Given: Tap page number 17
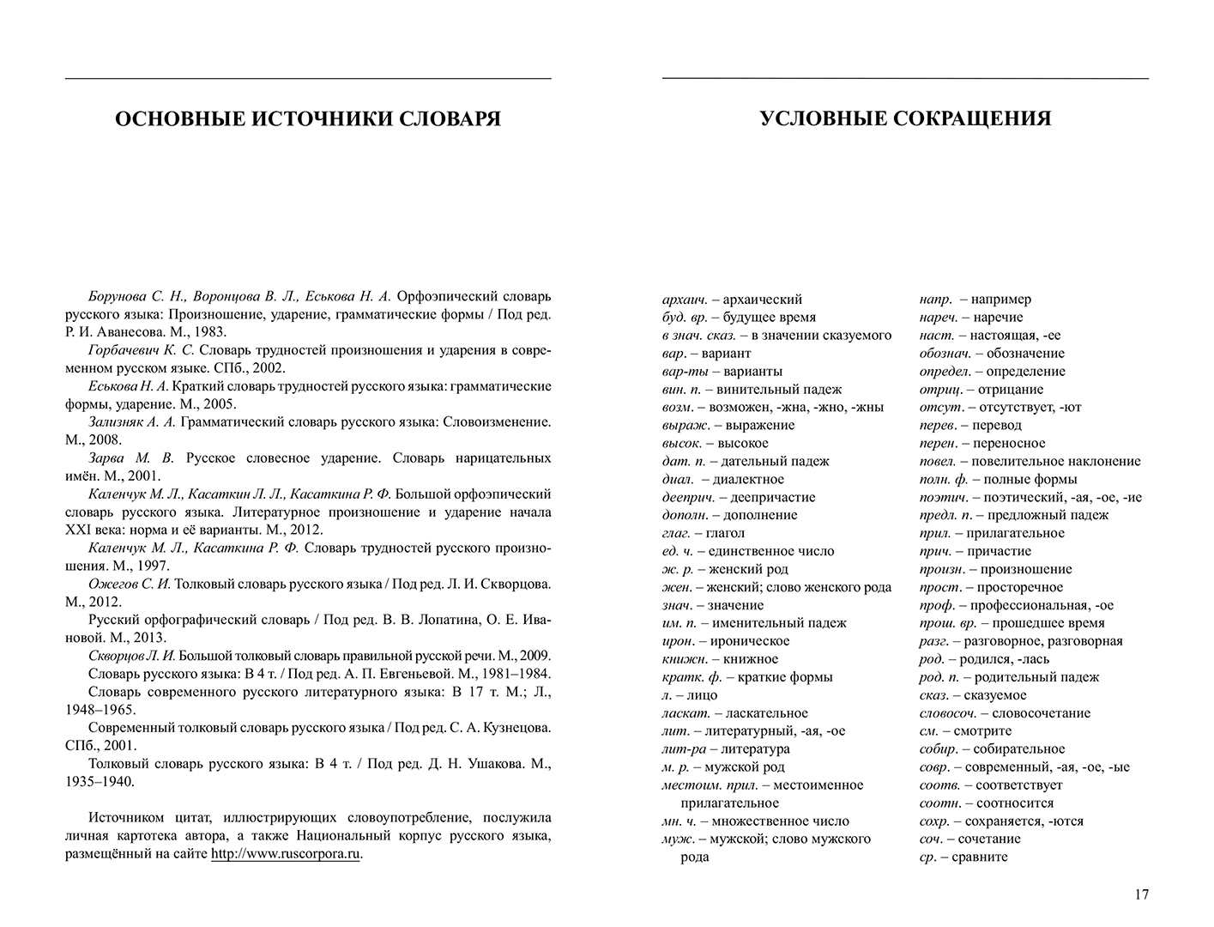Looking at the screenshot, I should click(x=1140, y=894).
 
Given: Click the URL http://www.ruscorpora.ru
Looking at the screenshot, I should click(x=286, y=854).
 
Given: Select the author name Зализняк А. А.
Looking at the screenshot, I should click(x=131, y=422).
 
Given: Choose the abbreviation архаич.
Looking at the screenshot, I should click(x=686, y=300).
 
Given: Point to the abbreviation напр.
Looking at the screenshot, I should click(x=935, y=300).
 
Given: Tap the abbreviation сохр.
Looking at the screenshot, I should click(x=933, y=821).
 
